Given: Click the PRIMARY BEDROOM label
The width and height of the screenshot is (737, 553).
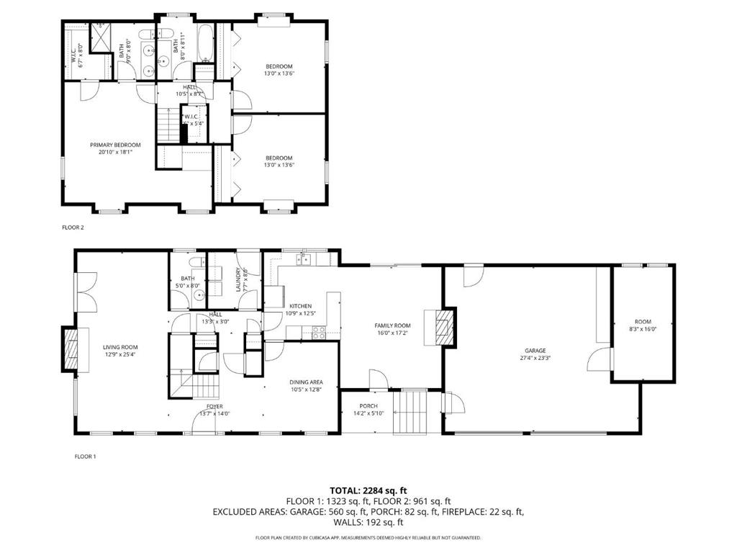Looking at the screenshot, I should point(115,145).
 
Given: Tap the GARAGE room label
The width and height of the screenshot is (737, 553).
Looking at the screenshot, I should point(534,350).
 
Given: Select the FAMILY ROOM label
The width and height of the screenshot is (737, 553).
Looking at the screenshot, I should point(392,325).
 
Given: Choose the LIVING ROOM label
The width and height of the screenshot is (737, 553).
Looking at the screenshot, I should point(119,346).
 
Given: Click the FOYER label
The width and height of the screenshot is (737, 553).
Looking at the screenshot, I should point(214,406).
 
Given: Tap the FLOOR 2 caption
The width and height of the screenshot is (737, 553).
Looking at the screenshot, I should point(73,228).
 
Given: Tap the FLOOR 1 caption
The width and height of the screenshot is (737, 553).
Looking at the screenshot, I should point(85,457).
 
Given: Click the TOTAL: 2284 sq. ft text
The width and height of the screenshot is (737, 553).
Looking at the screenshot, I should point(368,490).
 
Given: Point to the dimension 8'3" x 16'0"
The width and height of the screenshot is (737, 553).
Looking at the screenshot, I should point(642,330).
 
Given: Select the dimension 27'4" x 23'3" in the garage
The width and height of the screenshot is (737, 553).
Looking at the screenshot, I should point(534,358).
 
